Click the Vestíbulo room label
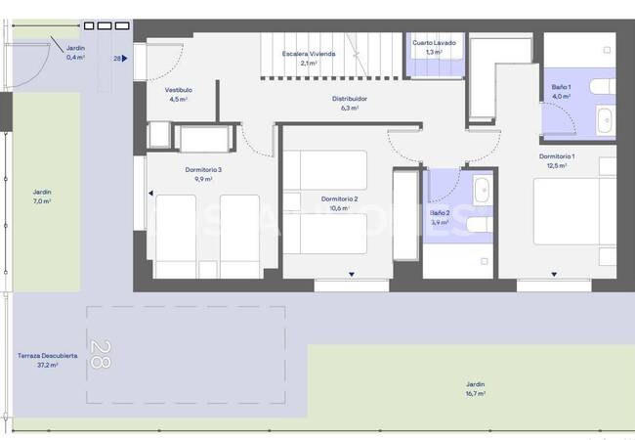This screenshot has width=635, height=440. pyautogui.click(x=178, y=89)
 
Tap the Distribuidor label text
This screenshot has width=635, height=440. pyautogui.click(x=349, y=99)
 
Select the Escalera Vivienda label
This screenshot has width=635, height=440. pyautogui.click(x=309, y=54)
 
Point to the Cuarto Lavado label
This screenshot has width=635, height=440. pyautogui.click(x=434, y=43)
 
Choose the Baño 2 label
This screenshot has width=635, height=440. pyautogui.click(x=440, y=212)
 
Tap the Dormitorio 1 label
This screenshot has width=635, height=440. pyautogui.click(x=557, y=156)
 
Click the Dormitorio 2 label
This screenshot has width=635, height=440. pyautogui.click(x=339, y=198)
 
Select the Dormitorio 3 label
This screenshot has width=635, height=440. pyautogui.click(x=203, y=170)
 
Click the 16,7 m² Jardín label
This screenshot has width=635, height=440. pyautogui.click(x=475, y=384)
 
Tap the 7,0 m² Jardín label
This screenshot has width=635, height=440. pyautogui.click(x=42, y=193)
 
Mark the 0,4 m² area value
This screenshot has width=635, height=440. pyautogui.click(x=75, y=58)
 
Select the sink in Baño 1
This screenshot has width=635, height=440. pyautogui.click(x=604, y=120)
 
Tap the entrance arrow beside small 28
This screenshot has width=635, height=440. pyautogui.click(x=126, y=59)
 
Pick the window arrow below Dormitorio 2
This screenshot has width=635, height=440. pyautogui.click(x=351, y=275)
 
